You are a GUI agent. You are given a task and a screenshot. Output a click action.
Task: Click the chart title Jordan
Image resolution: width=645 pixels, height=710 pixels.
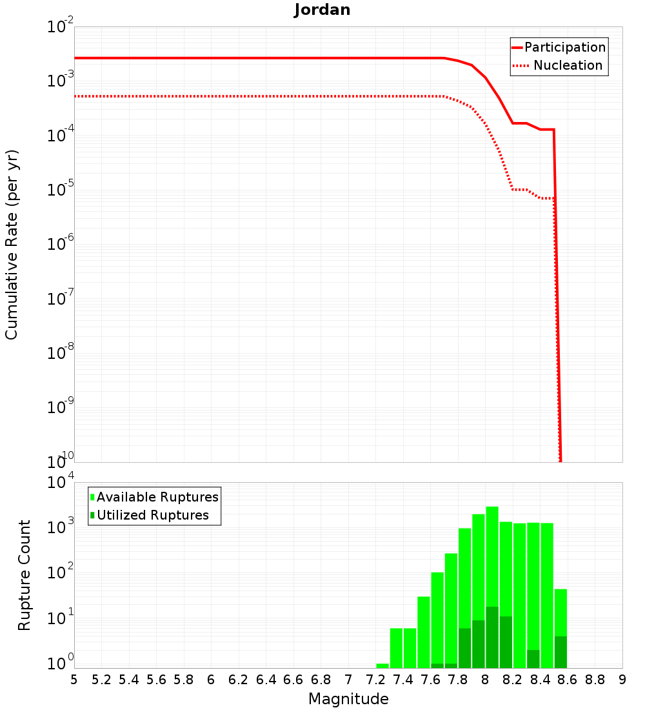322,10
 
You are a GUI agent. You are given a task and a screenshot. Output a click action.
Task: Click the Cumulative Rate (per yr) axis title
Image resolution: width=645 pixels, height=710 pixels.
12,245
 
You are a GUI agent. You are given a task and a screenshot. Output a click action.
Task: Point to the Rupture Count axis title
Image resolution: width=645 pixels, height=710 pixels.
25,575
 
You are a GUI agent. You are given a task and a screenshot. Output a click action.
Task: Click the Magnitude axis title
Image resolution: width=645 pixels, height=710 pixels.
348,699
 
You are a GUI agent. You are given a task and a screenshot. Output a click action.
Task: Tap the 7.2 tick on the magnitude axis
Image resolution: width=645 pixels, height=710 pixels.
375,679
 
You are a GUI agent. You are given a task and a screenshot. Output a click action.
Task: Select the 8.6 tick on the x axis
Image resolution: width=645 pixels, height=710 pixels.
568,679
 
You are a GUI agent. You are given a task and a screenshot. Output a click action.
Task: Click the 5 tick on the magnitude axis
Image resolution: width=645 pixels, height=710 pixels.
74,679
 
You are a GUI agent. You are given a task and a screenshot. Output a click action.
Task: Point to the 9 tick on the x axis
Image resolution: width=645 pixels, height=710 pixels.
622,679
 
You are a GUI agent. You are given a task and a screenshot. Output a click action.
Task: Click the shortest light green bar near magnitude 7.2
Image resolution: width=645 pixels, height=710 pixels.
382,665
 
